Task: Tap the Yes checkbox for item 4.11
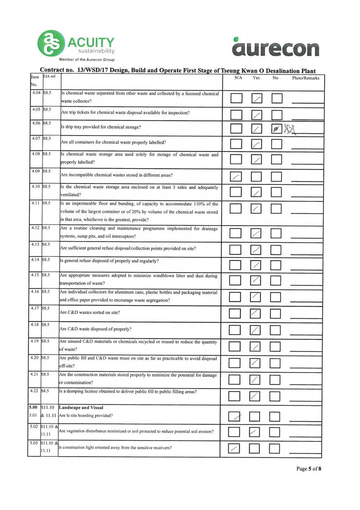tap(257, 208)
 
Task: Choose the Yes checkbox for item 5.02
tap(257, 431)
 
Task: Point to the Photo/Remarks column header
tap(305, 79)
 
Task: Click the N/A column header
tap(238, 79)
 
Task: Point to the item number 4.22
tap(35, 392)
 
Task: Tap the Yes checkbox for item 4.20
tap(257, 363)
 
